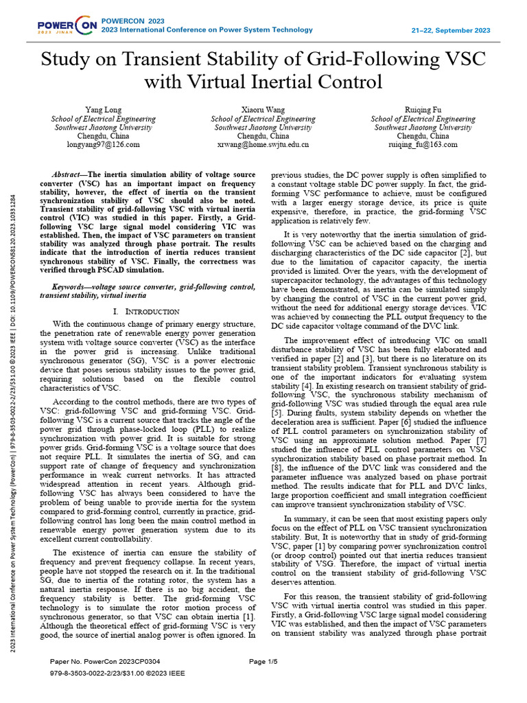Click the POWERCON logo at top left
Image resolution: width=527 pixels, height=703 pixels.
67,26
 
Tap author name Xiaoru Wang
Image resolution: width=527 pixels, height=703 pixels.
263,110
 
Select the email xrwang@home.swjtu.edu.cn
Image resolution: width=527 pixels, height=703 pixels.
263,145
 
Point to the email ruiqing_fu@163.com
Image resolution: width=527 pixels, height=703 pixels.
423,145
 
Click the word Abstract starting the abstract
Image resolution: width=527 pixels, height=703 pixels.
71,176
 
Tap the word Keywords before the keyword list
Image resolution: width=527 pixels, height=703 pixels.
71,286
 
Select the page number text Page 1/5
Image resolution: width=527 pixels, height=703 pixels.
263,661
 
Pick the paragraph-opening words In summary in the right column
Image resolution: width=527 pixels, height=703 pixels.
305,518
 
